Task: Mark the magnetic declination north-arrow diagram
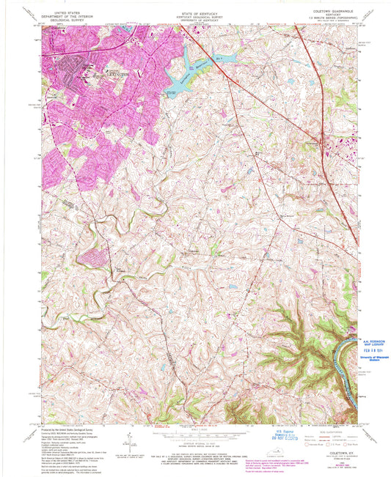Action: pyautogui.click(x=131, y=443)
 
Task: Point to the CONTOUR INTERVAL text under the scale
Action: pyautogui.click(x=194, y=445)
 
